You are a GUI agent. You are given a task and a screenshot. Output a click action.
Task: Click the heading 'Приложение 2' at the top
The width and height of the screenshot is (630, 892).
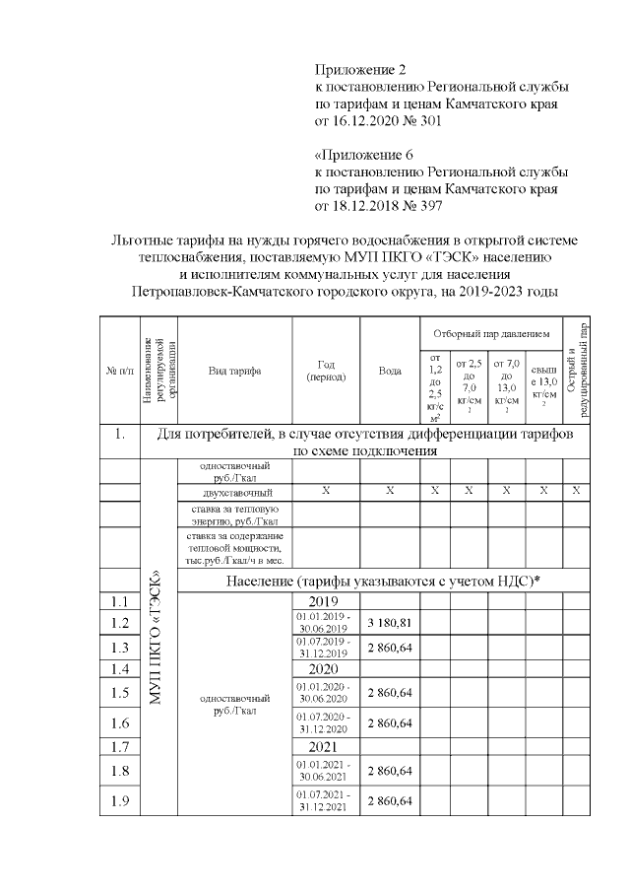click(x=359, y=70)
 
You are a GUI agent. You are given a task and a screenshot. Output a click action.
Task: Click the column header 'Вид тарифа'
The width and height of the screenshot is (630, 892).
click(x=234, y=371)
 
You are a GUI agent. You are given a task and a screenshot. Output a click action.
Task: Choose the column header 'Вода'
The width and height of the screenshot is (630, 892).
click(x=390, y=371)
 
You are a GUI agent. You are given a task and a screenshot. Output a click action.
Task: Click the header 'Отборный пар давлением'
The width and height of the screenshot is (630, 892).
click(x=489, y=333)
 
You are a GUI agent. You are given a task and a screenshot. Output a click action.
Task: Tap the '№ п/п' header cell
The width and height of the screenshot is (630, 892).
click(x=119, y=371)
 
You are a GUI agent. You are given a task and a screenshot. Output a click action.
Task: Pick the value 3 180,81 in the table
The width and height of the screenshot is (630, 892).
click(x=390, y=623)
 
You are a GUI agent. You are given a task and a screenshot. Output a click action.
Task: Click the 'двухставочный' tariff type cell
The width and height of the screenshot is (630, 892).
click(x=234, y=491)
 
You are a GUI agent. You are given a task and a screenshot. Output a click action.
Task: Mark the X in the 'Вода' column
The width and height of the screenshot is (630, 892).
click(x=390, y=491)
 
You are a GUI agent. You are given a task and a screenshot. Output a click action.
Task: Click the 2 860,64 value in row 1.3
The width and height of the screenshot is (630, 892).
click(x=390, y=647)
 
